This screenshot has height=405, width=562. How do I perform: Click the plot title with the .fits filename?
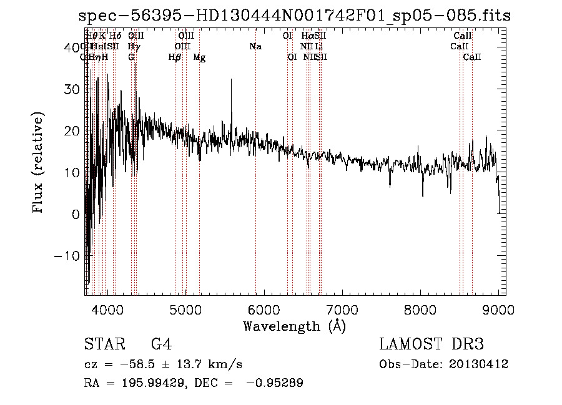click(x=295, y=16)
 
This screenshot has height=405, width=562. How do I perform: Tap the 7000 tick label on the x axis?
click(x=342, y=309)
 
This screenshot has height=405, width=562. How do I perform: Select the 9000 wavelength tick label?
click(x=498, y=309)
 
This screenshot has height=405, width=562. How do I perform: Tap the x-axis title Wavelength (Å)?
click(x=294, y=326)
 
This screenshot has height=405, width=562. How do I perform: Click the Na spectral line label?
click(x=255, y=47)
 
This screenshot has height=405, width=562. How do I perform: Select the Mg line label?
click(x=199, y=57)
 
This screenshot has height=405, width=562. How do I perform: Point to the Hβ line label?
click(x=175, y=57)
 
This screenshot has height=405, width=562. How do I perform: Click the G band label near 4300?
click(x=131, y=57)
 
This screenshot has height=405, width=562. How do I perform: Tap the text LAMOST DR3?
click(x=431, y=344)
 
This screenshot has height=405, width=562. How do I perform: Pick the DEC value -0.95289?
click(x=275, y=383)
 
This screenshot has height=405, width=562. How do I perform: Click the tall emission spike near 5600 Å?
click(x=232, y=81)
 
